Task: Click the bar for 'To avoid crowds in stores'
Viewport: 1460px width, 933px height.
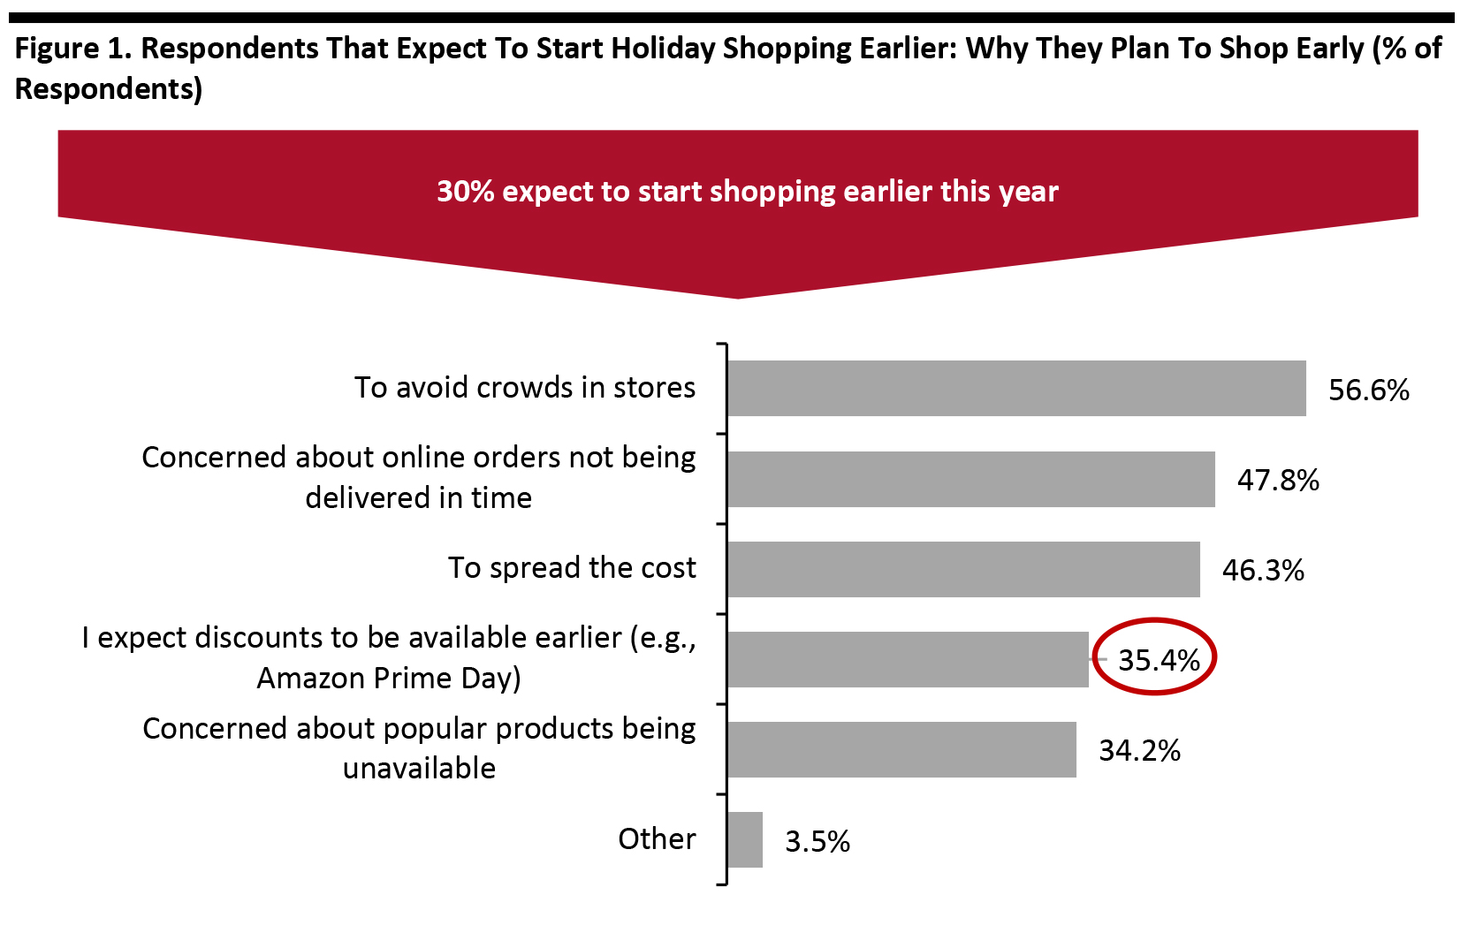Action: pos(1016,388)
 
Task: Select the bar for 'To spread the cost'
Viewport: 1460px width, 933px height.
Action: pos(963,569)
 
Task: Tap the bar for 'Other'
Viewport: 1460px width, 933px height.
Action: pos(745,839)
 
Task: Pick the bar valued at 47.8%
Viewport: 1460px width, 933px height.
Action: pos(970,479)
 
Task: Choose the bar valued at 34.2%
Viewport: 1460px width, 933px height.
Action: pos(901,749)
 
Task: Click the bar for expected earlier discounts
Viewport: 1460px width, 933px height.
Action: pos(908,659)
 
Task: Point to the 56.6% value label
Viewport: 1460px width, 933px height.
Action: pos(1368,390)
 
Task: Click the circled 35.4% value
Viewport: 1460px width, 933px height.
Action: pos(1158,660)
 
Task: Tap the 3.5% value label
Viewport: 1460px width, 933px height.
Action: pos(817,841)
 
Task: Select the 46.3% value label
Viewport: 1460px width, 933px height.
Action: pos(1263,571)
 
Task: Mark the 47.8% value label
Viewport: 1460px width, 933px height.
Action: pos(1278,481)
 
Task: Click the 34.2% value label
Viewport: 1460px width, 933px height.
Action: pos(1139,751)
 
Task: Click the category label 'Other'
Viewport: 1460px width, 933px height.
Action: pos(657,838)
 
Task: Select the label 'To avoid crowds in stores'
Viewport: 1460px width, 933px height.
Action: pos(525,387)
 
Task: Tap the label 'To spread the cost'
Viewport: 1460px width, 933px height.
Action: pos(572,567)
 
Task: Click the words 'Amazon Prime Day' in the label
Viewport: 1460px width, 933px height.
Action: pos(388,678)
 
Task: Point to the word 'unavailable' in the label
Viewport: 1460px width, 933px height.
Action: pos(419,768)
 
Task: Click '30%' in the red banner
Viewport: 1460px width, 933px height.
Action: pos(465,192)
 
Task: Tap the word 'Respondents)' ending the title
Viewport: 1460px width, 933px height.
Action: pos(109,88)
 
